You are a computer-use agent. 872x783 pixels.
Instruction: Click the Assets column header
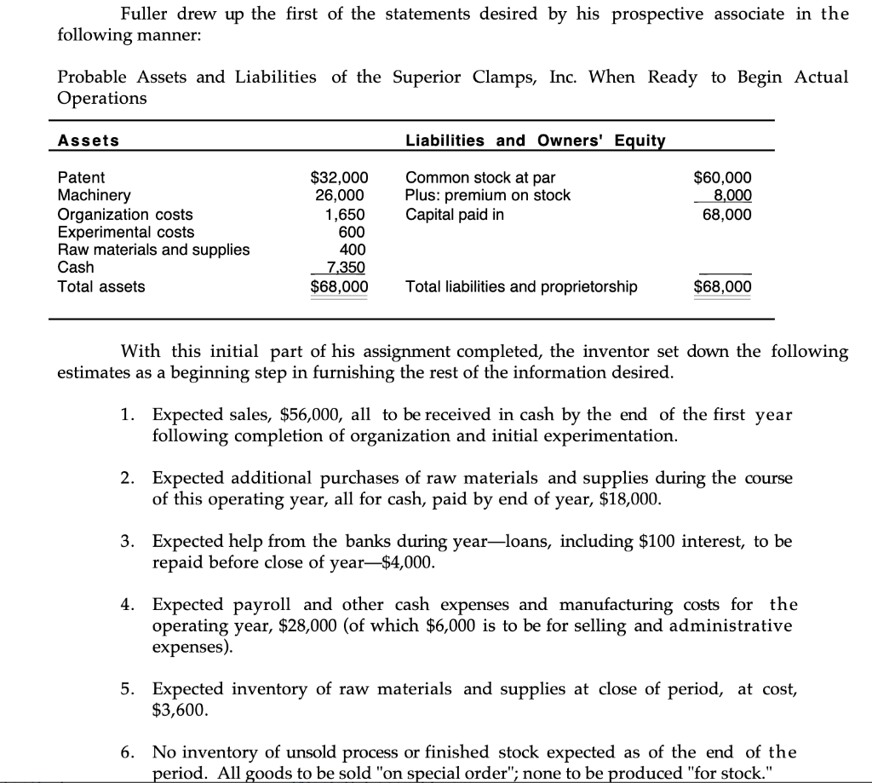pos(89,141)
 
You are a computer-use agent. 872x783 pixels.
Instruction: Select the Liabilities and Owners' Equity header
pos(535,141)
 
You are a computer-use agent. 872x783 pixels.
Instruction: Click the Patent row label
pos(81,178)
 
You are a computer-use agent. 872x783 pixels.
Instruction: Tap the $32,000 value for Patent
pos(339,178)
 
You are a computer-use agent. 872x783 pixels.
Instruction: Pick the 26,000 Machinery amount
pos(346,196)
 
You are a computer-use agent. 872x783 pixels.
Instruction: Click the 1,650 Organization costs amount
pos(349,214)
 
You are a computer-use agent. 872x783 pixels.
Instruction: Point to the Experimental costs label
pos(125,232)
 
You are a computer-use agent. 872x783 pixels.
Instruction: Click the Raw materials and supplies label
pos(153,250)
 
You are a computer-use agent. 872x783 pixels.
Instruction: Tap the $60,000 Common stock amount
pos(723,178)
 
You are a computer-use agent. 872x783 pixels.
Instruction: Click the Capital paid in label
pos(454,214)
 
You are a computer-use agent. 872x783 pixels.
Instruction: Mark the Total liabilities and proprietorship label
pos(521,287)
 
